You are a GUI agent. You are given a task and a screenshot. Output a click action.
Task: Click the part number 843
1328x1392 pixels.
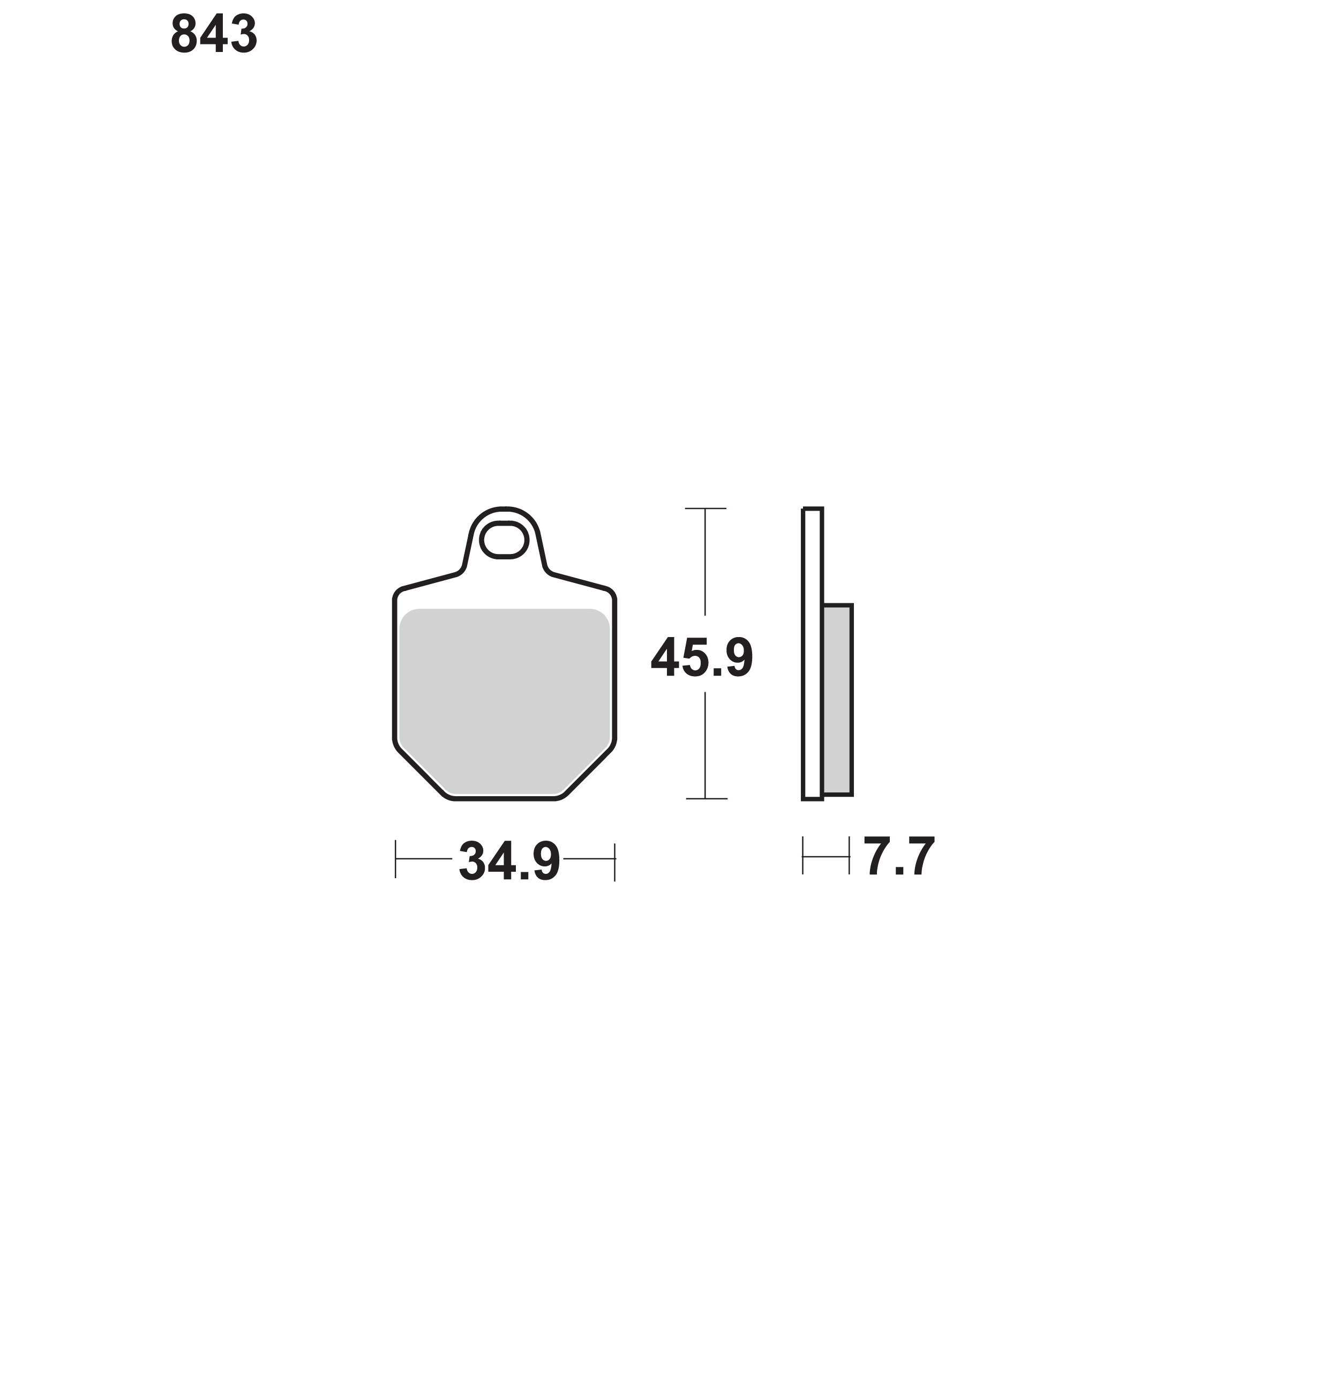pos(214,34)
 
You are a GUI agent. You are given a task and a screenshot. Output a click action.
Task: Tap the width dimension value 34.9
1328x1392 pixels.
pos(509,861)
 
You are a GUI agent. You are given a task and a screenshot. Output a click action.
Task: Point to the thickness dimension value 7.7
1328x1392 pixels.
pos(899,857)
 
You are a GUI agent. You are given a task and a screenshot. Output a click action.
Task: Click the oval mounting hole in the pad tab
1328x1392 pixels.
pos(504,540)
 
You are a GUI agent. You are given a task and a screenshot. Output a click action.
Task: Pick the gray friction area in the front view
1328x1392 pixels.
pos(504,701)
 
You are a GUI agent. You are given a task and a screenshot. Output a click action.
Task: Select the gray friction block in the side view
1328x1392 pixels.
pos(837,700)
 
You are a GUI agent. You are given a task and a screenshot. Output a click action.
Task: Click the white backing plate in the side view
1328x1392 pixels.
pos(813,654)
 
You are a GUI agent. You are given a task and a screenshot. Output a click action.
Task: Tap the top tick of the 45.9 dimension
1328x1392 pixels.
pos(706,508)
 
